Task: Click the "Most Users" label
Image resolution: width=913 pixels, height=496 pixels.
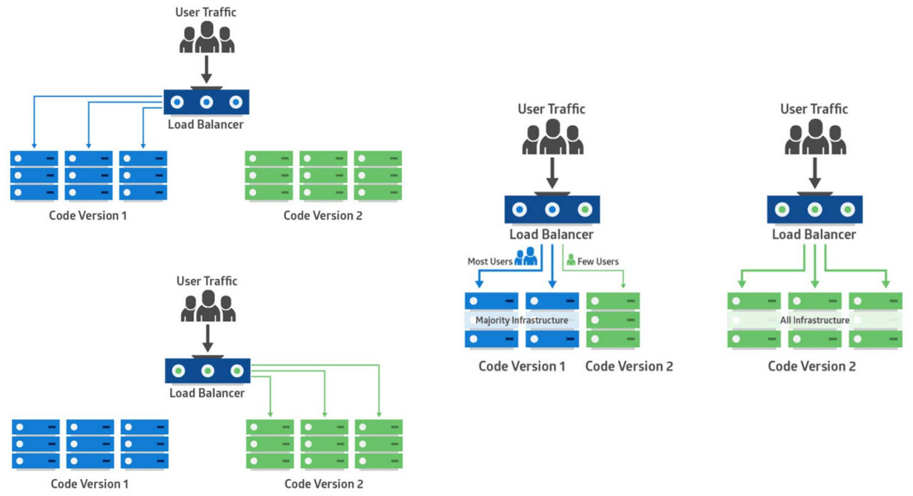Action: pyautogui.click(x=489, y=262)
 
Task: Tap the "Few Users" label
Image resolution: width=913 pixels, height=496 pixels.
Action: pyautogui.click(x=598, y=262)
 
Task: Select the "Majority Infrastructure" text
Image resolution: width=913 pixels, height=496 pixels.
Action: pyautogui.click(x=522, y=320)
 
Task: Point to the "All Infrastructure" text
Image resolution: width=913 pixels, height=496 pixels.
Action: pyautogui.click(x=815, y=320)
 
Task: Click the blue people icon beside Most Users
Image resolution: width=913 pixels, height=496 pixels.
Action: pyautogui.click(x=526, y=257)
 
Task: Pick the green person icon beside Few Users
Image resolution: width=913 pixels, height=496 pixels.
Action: pyautogui.click(x=571, y=261)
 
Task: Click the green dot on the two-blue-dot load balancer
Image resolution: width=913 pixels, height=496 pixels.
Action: pyautogui.click(x=585, y=210)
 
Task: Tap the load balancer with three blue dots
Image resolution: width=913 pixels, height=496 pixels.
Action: pyautogui.click(x=206, y=102)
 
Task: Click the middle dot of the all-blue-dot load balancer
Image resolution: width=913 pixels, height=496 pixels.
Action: pyautogui.click(x=206, y=102)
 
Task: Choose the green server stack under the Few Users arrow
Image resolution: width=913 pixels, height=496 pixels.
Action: pyautogui.click(x=613, y=320)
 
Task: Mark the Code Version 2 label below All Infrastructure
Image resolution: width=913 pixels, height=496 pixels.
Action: pyautogui.click(x=812, y=366)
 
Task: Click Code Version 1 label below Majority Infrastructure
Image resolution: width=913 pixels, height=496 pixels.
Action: pyautogui.click(x=522, y=366)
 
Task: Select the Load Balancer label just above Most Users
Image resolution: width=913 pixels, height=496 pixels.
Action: pyautogui.click(x=551, y=234)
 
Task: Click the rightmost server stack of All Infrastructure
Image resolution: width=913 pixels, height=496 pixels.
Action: pyautogui.click(x=875, y=320)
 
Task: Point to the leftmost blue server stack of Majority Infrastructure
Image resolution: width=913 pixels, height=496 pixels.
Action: pyautogui.click(x=491, y=320)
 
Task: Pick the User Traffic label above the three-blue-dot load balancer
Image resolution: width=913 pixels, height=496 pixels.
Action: pyautogui.click(x=205, y=12)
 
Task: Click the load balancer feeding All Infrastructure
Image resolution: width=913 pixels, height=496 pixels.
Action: pyautogui.click(x=815, y=210)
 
